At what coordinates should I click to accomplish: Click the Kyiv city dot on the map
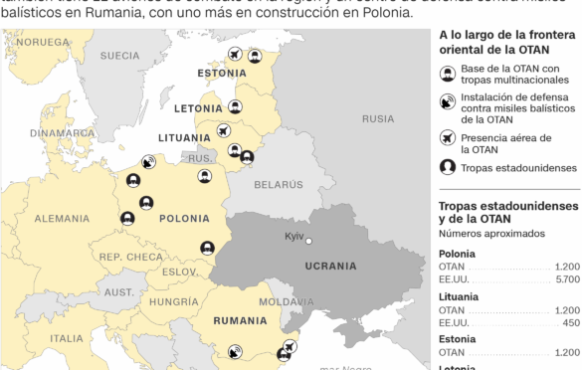tap(308, 240)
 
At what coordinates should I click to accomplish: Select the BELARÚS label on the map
tap(277, 185)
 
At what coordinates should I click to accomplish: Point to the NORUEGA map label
tap(44, 43)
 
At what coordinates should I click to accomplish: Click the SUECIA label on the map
tap(119, 56)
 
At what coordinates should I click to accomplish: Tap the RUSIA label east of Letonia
tap(377, 118)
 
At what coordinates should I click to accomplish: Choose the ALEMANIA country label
tap(61, 219)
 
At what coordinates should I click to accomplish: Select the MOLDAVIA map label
tap(286, 301)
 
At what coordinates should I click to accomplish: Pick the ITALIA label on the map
tap(67, 338)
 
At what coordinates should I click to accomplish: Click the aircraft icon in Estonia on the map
tap(235, 55)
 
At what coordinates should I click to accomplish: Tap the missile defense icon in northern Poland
tap(148, 161)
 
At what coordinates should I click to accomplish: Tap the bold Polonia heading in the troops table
tap(457, 254)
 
